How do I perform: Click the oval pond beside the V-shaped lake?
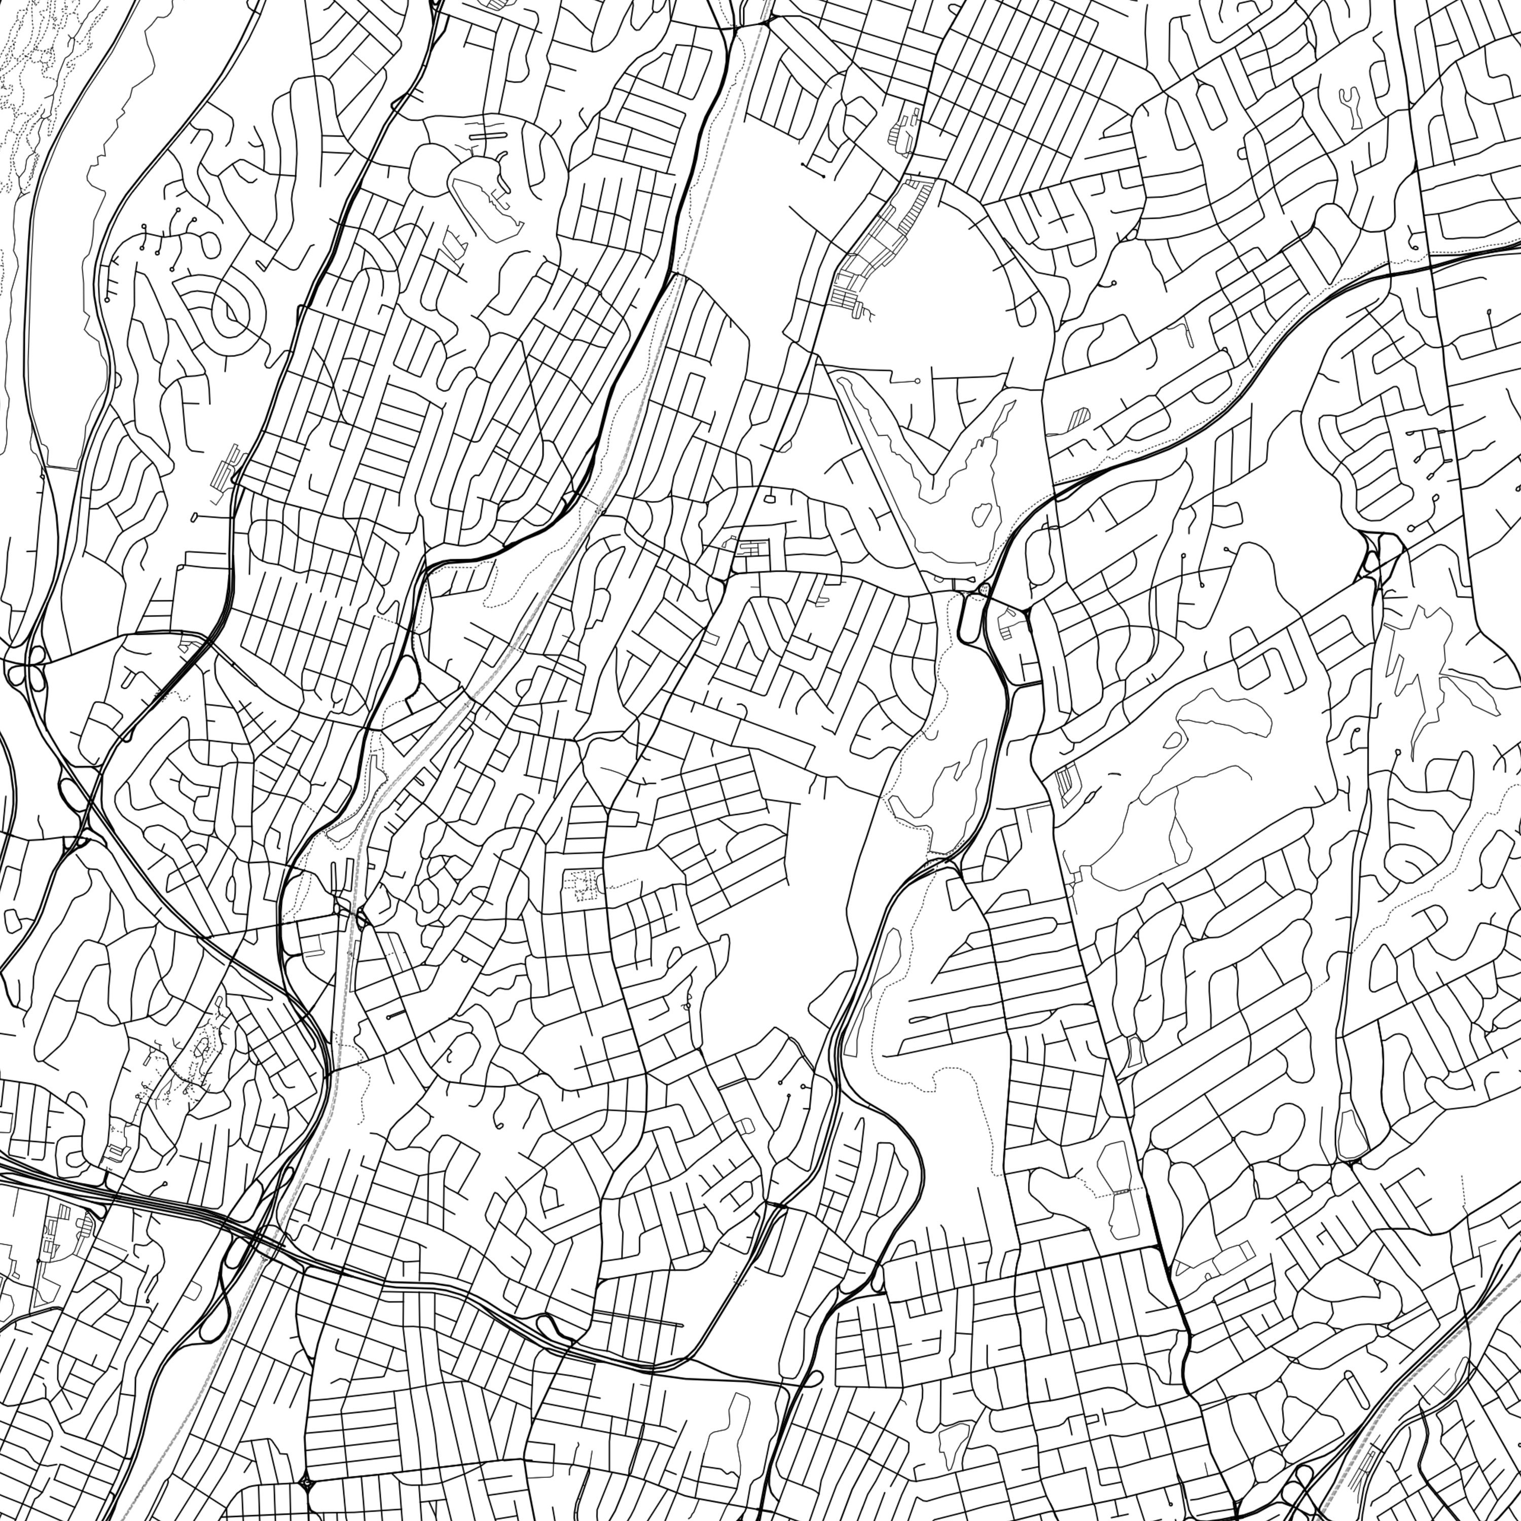(982, 516)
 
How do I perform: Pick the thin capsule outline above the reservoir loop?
(488, 135)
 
